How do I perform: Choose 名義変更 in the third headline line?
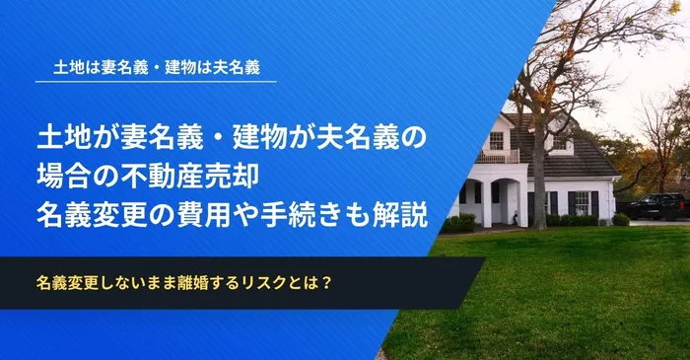point(96,216)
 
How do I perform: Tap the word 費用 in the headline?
point(223,216)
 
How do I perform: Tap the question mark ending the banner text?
point(324,283)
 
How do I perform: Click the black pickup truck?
point(656,206)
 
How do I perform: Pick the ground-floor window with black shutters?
point(582,202)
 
